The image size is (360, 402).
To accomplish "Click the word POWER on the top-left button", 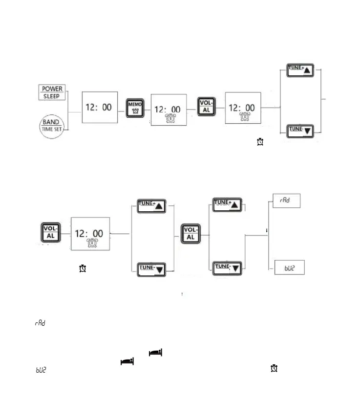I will coord(52,89).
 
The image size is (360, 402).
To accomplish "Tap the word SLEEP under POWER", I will coord(52,96).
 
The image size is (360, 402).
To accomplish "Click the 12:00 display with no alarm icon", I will coord(99,108).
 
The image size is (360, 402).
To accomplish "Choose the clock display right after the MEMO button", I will coord(168,110).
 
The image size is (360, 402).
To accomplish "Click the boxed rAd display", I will coord(286,201).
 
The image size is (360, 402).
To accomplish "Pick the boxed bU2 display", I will coord(287,268).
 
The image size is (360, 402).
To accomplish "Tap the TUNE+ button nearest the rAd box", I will coord(228,204).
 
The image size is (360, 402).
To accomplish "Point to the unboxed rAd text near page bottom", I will coord(40,324).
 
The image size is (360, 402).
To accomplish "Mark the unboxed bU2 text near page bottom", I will coord(40,371).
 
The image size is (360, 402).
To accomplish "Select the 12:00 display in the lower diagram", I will coord(90,234).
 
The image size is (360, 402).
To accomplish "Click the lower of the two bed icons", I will coord(127,361).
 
